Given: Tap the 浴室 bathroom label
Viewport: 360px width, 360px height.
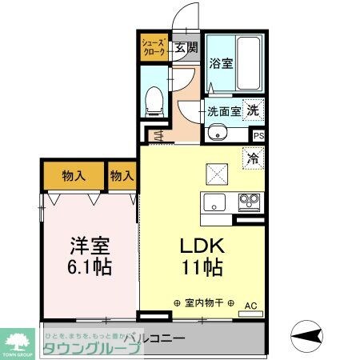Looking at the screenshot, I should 222,64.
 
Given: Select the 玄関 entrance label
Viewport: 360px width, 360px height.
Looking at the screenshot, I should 179,47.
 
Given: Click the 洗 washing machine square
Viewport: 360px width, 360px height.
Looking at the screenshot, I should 252,111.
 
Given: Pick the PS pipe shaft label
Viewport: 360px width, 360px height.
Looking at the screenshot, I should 258,136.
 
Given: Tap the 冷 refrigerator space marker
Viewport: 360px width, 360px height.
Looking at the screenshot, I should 253,158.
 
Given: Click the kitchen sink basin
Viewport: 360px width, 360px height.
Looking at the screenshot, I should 214,202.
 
